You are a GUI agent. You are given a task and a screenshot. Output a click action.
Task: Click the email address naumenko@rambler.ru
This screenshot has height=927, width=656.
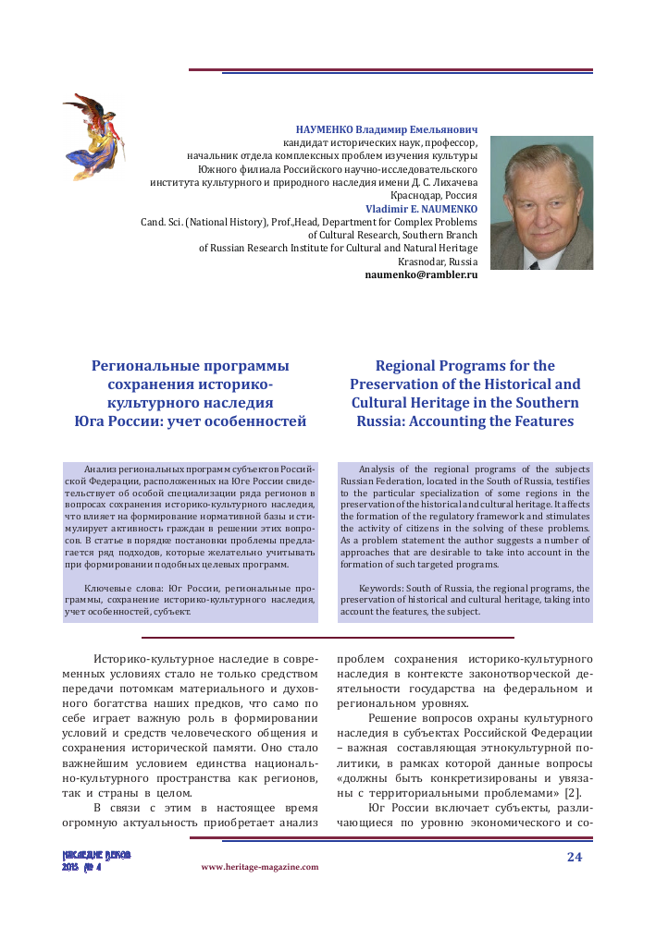(421, 275)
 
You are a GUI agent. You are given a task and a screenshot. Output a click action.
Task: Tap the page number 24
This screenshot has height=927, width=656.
(574, 856)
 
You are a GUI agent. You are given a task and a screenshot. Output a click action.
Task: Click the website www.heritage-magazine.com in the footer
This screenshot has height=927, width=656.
(259, 867)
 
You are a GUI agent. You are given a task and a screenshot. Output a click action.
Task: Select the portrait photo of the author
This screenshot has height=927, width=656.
(541, 202)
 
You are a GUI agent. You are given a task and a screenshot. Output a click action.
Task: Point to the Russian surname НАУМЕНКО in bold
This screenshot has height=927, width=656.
(327, 129)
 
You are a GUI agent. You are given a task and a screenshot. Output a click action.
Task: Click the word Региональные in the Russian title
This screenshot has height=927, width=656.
(149, 365)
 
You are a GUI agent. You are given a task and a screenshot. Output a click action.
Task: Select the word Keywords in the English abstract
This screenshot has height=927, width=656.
(381, 588)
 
